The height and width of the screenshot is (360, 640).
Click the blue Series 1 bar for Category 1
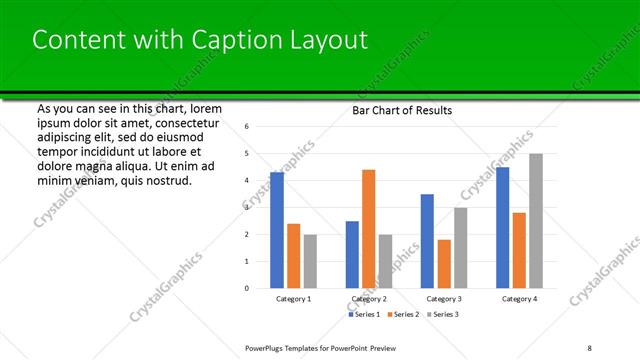pos(277,230)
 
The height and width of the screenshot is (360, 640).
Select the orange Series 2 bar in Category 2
pos(368,229)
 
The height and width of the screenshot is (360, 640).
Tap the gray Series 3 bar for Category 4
pos(536,221)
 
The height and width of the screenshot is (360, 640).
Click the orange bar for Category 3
pos(444,264)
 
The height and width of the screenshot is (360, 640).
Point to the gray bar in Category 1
pos(310,261)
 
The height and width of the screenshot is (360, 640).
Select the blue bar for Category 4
pos(502,227)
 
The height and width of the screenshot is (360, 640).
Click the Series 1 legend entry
pos(364,314)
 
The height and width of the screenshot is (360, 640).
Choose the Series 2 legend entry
pos(403,314)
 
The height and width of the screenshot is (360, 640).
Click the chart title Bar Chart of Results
pos(402,110)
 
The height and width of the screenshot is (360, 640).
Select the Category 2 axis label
pos(369,299)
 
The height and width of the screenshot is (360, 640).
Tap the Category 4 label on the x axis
pos(519,299)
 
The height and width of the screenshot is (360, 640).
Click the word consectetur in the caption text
pos(186,120)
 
